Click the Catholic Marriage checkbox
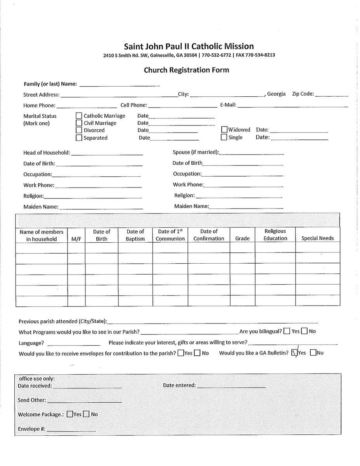coord(79,116)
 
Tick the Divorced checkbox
coord(79,130)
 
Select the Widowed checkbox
coord(224,130)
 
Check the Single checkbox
coord(224,137)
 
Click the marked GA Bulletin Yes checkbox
coord(294,353)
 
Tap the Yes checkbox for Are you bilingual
coord(287,331)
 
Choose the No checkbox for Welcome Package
coord(86,414)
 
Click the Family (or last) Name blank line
coord(119,85)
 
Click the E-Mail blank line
coord(293,106)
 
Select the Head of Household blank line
coord(107,154)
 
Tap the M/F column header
coord(76,239)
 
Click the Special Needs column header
coord(318,238)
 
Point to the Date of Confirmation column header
coord(209,235)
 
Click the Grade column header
coord(242,238)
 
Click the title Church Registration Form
coord(186,70)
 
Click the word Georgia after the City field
coord(277,94)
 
